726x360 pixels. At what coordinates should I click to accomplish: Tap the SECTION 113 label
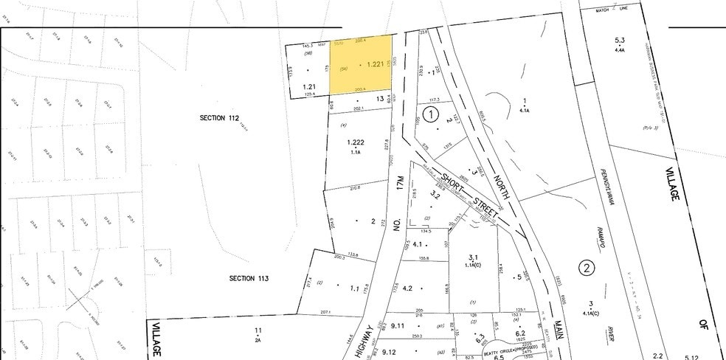[249, 278]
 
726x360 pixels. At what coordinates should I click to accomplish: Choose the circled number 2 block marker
[587, 267]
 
